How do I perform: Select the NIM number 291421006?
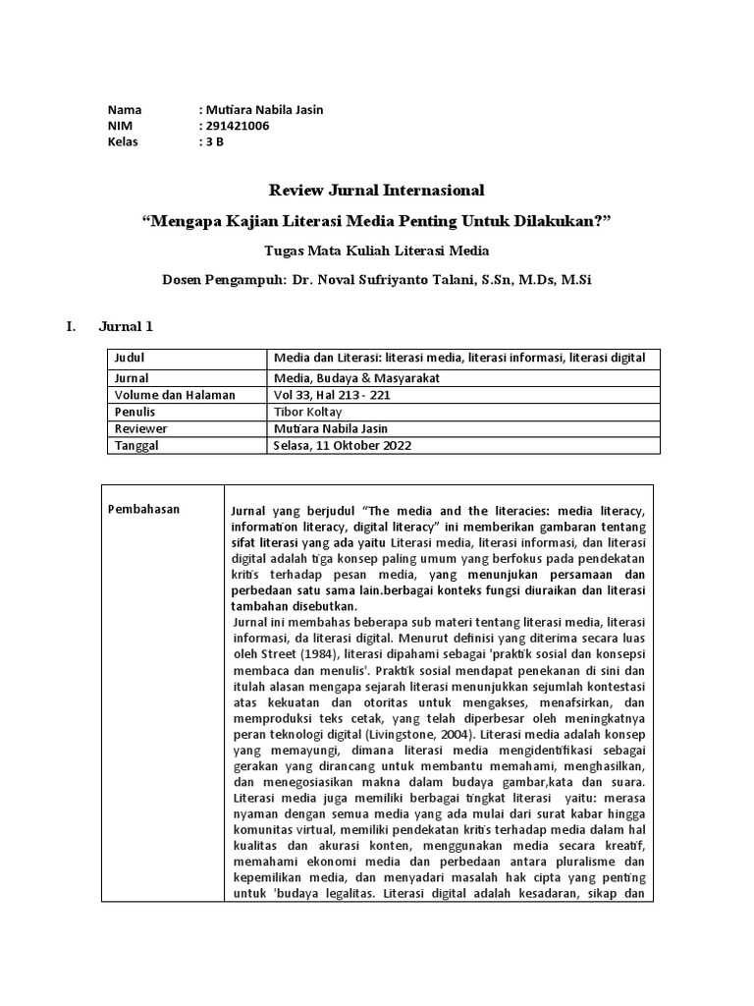pos(237,125)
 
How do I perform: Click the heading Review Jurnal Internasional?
pos(377,189)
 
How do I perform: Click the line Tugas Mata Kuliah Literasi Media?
pos(377,251)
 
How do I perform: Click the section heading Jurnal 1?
pos(126,326)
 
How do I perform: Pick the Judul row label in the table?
pos(130,358)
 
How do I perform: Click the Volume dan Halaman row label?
pos(175,394)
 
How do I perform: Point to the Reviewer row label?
pos(140,428)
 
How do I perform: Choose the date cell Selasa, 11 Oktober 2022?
pos(343,445)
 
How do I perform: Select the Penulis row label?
pos(135,412)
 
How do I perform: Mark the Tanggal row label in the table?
pos(136,445)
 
